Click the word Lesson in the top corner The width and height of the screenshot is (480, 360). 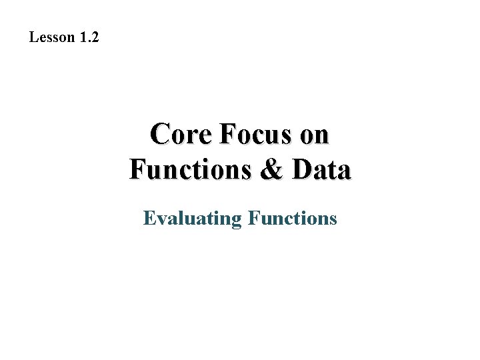(52, 37)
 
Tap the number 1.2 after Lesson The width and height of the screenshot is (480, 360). (89, 37)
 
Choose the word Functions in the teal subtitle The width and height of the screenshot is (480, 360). (292, 218)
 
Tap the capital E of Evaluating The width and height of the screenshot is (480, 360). (149, 218)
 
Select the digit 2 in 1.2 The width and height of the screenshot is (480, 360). (95, 37)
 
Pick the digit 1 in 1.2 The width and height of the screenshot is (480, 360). (83, 37)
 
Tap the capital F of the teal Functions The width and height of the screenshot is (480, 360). (252, 218)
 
